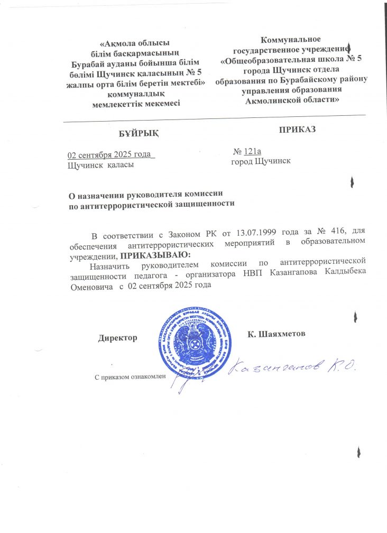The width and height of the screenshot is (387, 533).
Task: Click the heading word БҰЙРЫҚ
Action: click(x=138, y=132)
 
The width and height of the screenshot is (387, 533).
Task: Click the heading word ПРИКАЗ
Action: click(x=297, y=129)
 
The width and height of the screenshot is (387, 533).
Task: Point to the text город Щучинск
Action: click(x=261, y=161)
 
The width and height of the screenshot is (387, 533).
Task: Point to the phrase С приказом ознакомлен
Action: click(x=130, y=376)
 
